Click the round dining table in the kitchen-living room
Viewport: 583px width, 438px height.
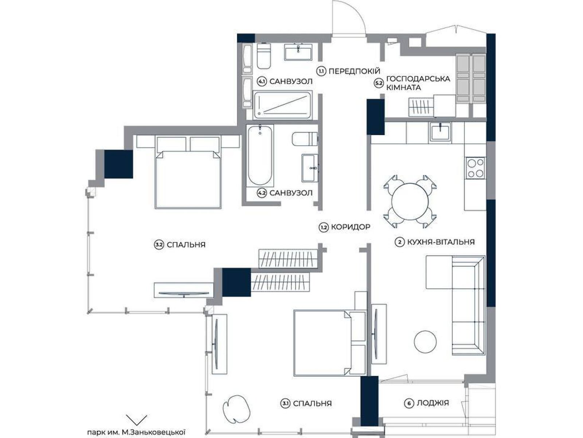click(410, 201)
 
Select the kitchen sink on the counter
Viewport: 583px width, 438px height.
click(441, 131)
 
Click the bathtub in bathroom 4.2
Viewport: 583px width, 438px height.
click(260, 155)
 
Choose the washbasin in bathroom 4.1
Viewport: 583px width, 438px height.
click(298, 52)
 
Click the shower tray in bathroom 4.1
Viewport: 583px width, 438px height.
click(283, 105)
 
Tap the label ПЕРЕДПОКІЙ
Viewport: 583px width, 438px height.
click(354, 71)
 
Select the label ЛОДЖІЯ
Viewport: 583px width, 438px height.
click(433, 403)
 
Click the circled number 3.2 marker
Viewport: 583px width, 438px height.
click(159, 245)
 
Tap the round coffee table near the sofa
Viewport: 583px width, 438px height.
click(425, 342)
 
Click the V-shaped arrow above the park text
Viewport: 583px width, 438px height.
click(136, 419)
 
